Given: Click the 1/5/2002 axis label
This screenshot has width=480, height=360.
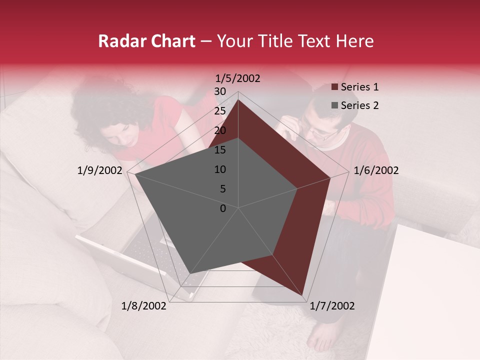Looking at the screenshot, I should [x=238, y=78].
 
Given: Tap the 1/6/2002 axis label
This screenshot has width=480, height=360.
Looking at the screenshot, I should [x=376, y=170].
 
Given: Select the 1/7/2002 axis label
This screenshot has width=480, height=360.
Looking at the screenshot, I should [x=332, y=306].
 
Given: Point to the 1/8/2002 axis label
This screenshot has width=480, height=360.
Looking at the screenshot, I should [x=144, y=306].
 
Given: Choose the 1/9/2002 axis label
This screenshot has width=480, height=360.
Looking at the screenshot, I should [x=100, y=170].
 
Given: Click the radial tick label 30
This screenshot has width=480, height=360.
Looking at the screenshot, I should [x=220, y=91].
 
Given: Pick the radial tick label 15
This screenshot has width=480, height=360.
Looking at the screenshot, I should [x=220, y=150].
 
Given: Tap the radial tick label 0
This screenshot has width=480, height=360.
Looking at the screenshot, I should [x=223, y=208].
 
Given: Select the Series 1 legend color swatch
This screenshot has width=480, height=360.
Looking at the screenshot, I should [x=335, y=87].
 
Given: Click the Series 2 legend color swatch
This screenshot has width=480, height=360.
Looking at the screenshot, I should [x=335, y=105].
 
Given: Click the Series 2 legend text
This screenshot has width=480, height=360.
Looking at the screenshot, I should [x=359, y=105].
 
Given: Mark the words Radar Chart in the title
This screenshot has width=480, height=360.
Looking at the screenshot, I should [x=146, y=41].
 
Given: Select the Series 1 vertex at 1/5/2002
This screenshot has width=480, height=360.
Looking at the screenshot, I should [x=238, y=99].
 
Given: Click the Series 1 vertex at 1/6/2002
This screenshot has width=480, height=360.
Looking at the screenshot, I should [x=330, y=177].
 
